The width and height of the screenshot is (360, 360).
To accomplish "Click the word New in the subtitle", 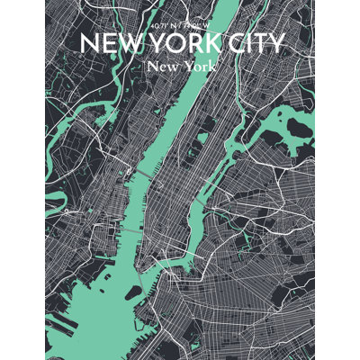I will [x=160, y=67].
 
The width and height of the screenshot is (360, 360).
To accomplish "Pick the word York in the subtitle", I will [x=198, y=67].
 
